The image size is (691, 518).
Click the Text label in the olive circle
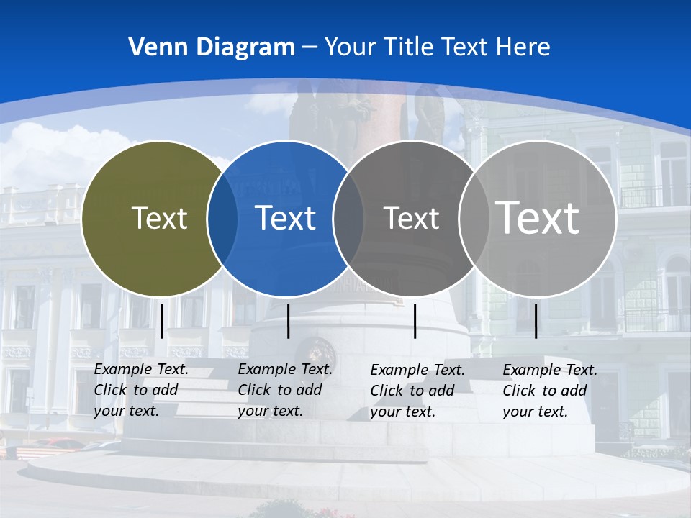point(159,218)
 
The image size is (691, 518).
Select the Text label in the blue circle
point(285,218)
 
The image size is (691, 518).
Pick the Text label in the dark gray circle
point(411,218)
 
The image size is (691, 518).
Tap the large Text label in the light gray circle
point(537,217)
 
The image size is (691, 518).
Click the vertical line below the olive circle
point(161,321)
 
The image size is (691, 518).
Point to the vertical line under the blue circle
point(288,321)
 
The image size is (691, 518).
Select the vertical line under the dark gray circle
point(415,321)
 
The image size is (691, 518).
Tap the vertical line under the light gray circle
point(536,321)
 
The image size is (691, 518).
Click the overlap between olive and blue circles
point(222,218)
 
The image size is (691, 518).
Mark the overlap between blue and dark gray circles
point(348,218)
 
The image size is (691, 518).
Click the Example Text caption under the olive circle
point(141,390)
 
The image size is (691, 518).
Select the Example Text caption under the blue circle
point(285,390)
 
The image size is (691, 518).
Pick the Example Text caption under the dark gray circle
point(417,391)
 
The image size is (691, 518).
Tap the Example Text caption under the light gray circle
point(550,391)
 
